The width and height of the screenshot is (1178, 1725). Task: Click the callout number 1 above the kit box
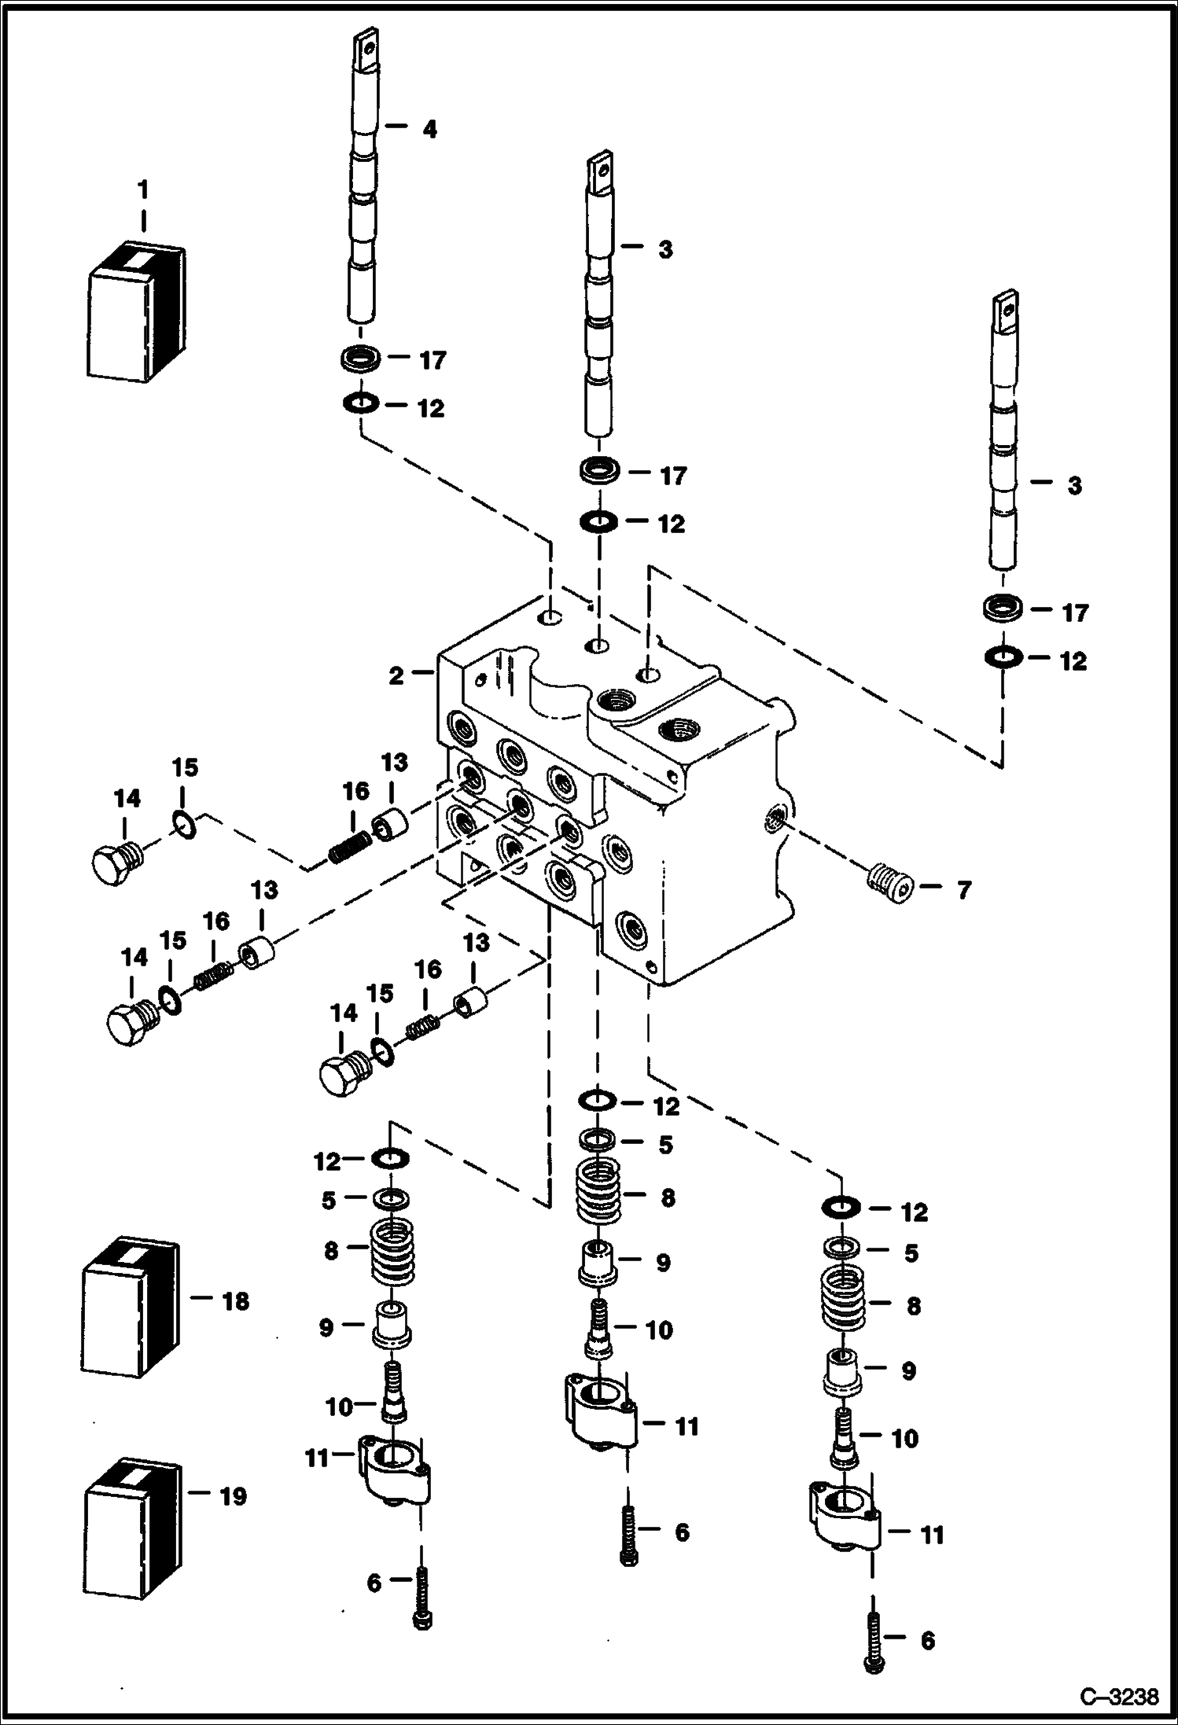[142, 190]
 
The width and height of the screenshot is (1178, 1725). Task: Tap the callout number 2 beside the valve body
[396, 675]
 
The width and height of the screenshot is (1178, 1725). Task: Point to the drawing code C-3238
[1120, 1697]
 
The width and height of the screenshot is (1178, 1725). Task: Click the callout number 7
[964, 890]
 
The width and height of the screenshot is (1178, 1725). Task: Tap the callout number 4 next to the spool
[429, 129]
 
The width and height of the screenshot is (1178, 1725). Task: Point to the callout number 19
[233, 1495]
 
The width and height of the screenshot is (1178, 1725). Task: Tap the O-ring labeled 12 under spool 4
[361, 404]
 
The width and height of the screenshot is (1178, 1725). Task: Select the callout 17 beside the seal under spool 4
[433, 360]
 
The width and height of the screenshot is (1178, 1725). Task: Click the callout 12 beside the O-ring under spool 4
[431, 408]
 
